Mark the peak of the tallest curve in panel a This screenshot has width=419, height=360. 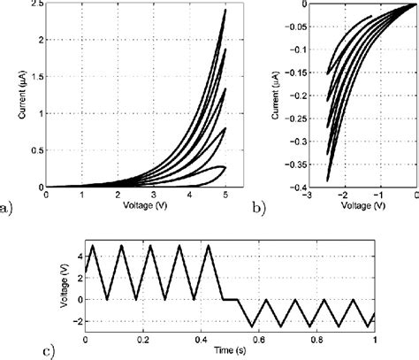[x=225, y=11]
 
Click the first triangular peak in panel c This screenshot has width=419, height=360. [x=94, y=246]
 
